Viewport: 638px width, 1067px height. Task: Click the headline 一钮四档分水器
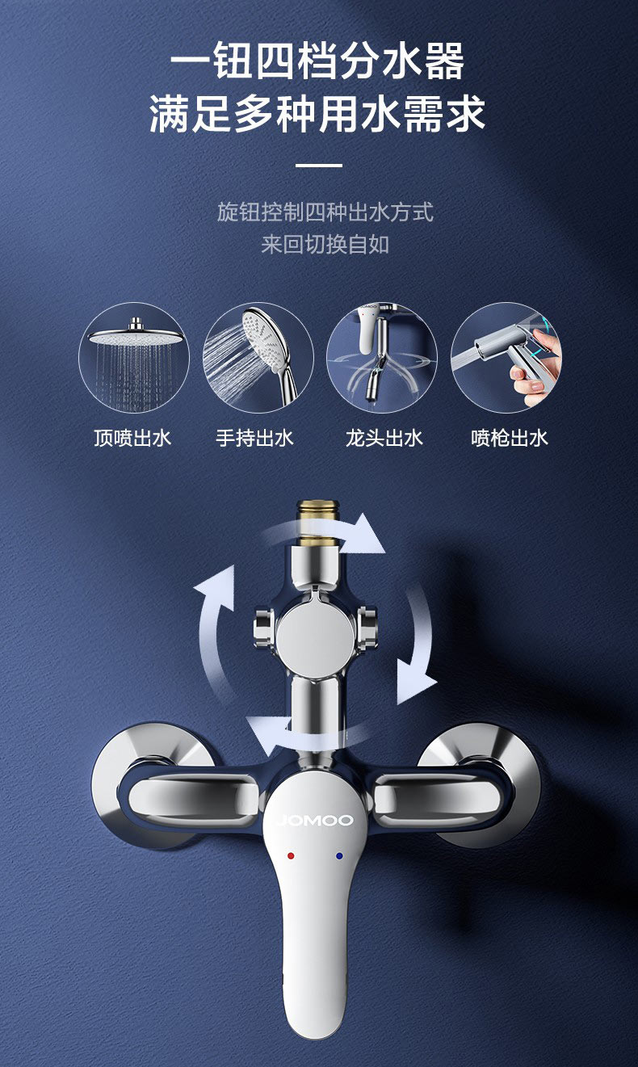click(317, 61)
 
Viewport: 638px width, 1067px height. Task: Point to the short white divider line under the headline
click(318, 166)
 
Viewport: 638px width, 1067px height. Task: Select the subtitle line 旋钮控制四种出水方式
click(325, 212)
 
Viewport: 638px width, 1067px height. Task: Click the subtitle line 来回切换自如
click(325, 245)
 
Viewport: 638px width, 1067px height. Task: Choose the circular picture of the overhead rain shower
click(134, 358)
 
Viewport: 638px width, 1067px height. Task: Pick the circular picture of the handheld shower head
click(258, 358)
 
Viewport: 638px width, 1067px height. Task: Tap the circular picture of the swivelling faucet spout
click(382, 358)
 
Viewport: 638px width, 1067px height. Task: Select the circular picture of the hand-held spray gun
click(506, 358)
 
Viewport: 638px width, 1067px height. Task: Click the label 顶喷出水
click(132, 439)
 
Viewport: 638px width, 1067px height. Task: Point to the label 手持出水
click(254, 439)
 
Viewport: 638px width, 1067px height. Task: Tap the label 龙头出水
click(384, 439)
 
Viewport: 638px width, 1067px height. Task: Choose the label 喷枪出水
click(510, 439)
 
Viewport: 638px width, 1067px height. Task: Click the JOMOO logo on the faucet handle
click(315, 820)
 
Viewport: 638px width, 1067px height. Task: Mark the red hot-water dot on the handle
click(291, 856)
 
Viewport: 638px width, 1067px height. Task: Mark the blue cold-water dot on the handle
click(339, 856)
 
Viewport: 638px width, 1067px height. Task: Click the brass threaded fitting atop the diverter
click(317, 523)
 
